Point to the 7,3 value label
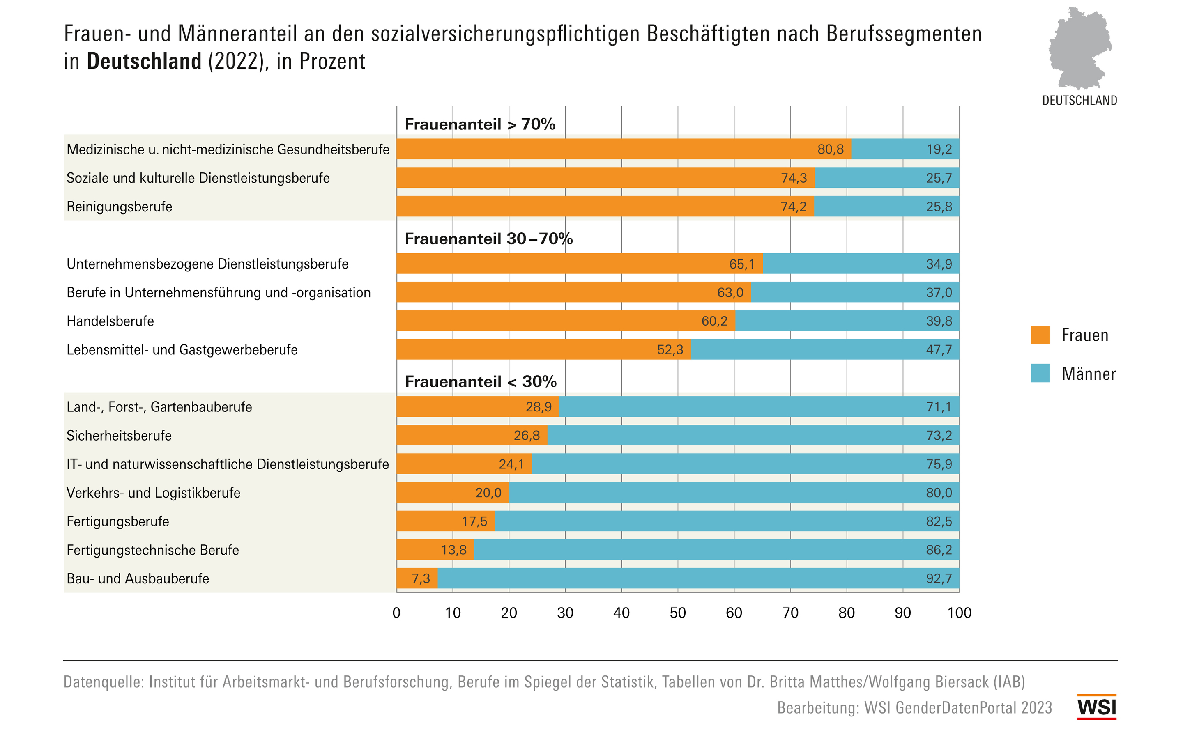(x=420, y=578)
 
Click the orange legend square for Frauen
(x=1040, y=335)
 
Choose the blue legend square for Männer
(x=1040, y=373)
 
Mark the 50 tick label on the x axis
(x=677, y=613)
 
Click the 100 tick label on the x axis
(x=959, y=613)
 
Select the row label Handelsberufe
(x=110, y=321)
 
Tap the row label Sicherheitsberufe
(x=119, y=436)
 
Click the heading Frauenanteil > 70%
(x=480, y=124)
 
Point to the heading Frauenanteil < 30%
(x=480, y=381)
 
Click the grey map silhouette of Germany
(x=1079, y=48)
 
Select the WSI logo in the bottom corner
(x=1096, y=707)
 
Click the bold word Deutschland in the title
(x=144, y=61)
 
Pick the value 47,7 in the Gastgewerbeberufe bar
(x=939, y=349)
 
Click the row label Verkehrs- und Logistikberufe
(x=153, y=493)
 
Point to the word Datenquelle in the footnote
(x=104, y=682)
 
